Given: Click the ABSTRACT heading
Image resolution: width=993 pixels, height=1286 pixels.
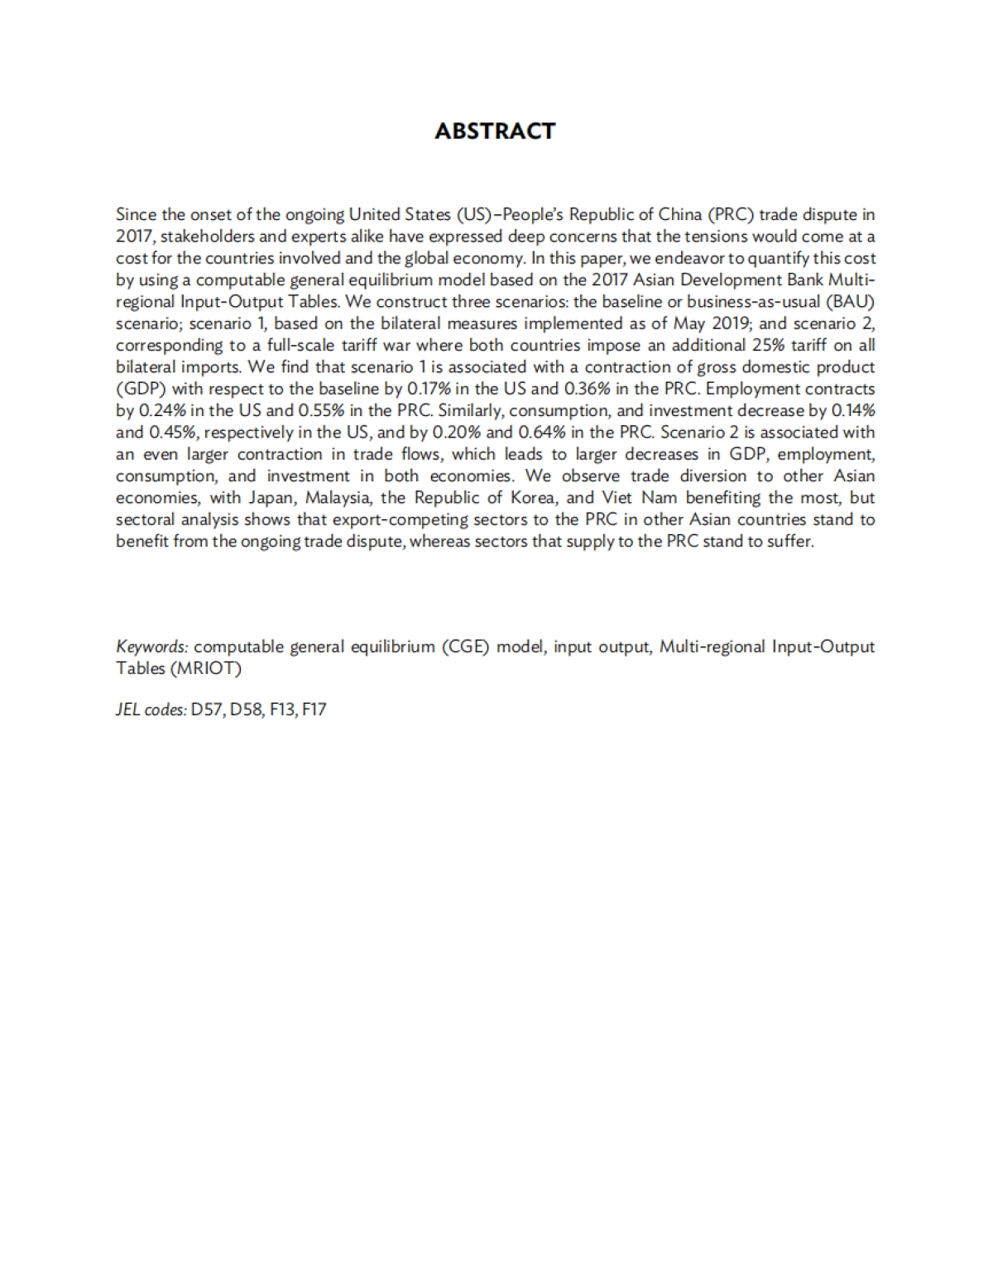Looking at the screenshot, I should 495,131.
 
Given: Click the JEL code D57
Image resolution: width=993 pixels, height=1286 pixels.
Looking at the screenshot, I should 208,709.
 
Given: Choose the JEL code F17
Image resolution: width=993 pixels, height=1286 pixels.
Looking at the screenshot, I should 314,709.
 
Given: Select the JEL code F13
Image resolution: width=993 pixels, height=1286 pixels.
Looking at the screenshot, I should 282,709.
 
